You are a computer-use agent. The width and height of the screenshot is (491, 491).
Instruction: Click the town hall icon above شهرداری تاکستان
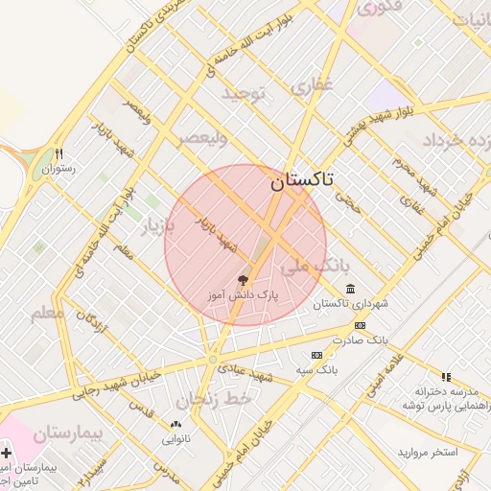[350, 289]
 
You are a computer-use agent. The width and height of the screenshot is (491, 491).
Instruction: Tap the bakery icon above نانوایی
[175, 424]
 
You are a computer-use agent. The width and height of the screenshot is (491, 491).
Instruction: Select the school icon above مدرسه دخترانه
[445, 377]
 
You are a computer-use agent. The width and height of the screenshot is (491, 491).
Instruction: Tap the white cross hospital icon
[8, 452]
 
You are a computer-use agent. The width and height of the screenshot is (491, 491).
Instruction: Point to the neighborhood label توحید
[243, 93]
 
